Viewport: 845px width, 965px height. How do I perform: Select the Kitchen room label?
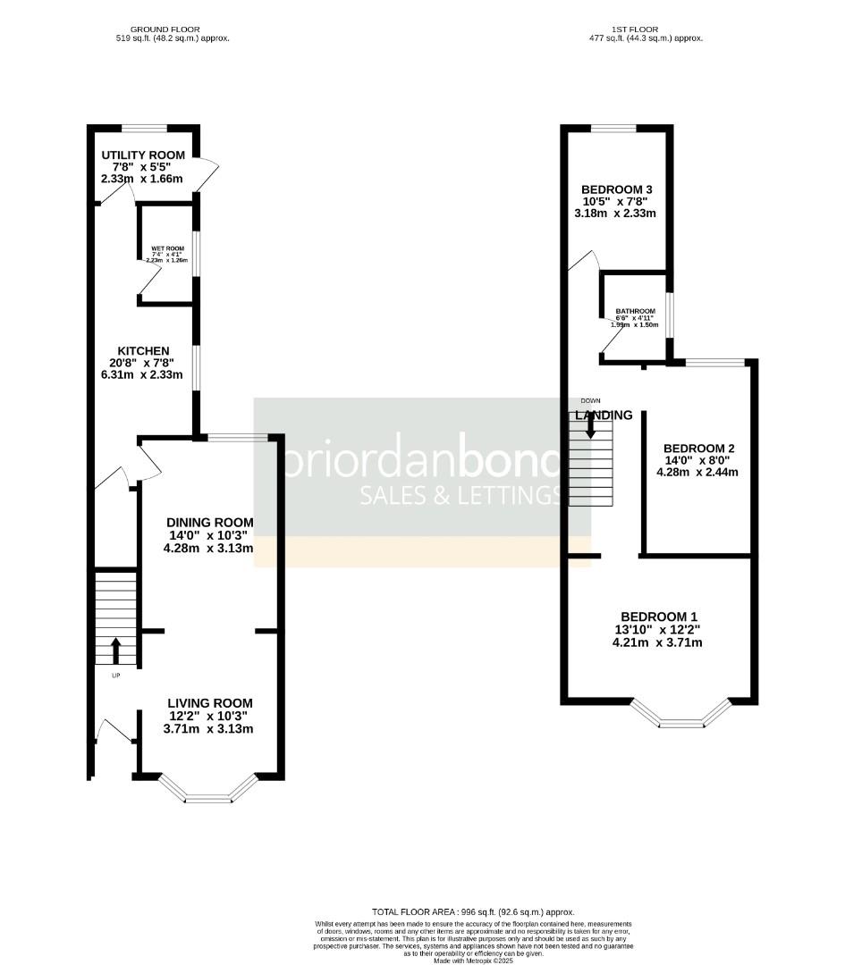click(x=143, y=350)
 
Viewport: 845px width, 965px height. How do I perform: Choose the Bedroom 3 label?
click(x=618, y=189)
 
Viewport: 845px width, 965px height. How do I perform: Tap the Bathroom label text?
click(x=635, y=311)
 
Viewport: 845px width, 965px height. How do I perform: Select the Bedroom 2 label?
click(x=698, y=449)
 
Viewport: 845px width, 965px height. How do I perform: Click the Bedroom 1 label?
click(x=659, y=617)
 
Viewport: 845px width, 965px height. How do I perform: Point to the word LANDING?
click(x=604, y=415)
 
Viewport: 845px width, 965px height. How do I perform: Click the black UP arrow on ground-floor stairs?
click(x=115, y=649)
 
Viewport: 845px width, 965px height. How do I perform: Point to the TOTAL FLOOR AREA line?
click(x=472, y=911)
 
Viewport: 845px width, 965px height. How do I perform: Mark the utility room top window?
click(x=145, y=127)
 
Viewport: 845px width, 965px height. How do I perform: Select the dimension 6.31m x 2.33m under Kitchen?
click(x=143, y=375)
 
